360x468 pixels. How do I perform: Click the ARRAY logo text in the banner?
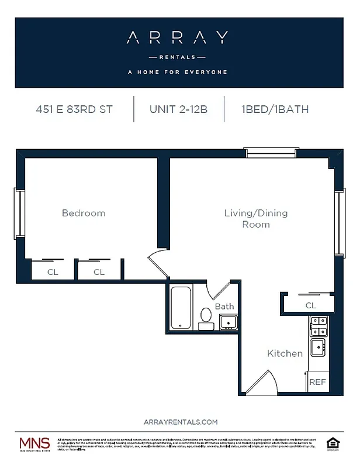pos(177,39)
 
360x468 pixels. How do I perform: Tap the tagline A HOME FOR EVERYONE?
pos(177,73)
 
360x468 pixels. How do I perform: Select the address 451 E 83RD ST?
pos(74,109)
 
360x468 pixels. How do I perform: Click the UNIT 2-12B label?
pos(178,109)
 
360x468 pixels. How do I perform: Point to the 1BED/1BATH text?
pos(274,109)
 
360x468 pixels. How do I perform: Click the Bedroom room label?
pos(84,214)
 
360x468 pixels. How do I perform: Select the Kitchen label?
pos(285,353)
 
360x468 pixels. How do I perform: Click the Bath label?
pos(224,306)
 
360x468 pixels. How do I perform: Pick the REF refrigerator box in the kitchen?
pos(317,382)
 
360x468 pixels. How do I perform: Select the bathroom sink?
pos(227,322)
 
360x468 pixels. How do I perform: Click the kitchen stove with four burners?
pos(319,325)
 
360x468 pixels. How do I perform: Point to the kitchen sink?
pos(318,347)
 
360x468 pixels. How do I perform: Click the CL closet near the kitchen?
pos(310,305)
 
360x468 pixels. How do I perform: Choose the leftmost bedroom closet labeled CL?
pos(53,272)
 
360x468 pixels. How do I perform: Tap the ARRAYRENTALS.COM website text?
pos(180,422)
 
